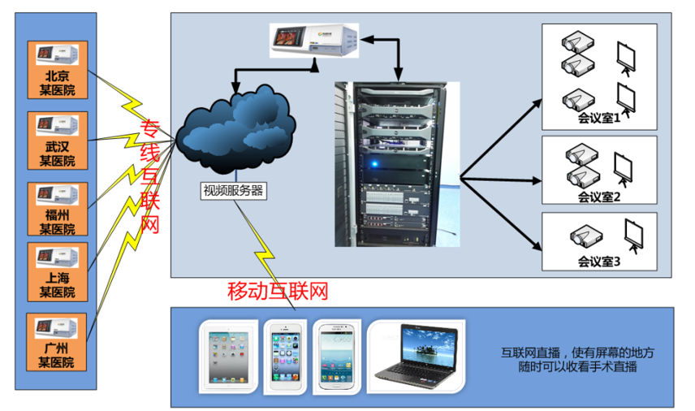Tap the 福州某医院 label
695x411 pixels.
click(x=57, y=223)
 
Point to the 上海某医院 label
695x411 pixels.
click(x=57, y=285)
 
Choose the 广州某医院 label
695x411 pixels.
click(x=57, y=356)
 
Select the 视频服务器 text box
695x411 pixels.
click(x=234, y=192)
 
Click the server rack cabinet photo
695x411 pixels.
click(x=396, y=163)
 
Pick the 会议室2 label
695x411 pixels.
click(x=598, y=196)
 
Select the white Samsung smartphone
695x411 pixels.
click(x=339, y=357)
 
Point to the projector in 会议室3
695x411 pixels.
click(x=582, y=236)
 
